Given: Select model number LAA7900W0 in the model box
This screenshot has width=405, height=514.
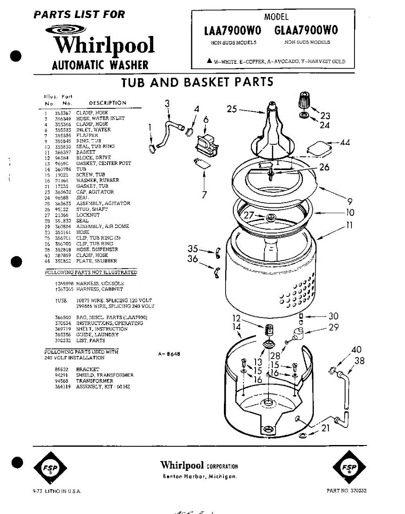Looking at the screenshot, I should click(x=233, y=30).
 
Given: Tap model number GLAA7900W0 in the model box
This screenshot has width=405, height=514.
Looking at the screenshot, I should click(x=306, y=30).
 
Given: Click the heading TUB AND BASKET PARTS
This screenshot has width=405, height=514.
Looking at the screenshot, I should click(x=197, y=82).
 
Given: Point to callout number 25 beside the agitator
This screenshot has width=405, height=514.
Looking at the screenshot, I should click(x=232, y=109).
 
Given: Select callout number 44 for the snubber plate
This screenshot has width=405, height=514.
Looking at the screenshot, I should click(x=345, y=142).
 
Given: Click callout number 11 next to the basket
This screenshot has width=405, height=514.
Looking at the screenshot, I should click(x=349, y=225).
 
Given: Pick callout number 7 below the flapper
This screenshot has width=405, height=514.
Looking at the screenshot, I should click(x=204, y=194).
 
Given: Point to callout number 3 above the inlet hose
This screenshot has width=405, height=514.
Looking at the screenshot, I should click(x=167, y=103).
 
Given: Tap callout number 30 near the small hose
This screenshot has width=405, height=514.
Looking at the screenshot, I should click(x=333, y=316).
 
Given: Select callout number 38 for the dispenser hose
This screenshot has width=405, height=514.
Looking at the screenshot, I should click(x=360, y=361).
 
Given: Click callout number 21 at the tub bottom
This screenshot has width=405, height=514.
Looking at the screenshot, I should click(x=326, y=427).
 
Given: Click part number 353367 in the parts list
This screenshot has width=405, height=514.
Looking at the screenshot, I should click(x=63, y=113).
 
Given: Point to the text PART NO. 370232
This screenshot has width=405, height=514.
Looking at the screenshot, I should click(x=346, y=491).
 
